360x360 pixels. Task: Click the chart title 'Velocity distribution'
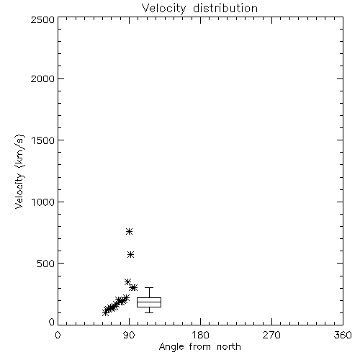(199, 9)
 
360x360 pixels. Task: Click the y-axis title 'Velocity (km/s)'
(19, 171)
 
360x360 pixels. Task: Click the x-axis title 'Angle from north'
(199, 347)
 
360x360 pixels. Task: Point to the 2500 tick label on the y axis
(42, 19)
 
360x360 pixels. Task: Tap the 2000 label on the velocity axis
(42, 78)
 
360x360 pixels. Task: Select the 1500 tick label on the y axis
(43, 140)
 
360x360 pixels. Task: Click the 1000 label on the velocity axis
(43, 202)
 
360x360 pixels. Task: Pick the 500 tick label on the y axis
(46, 264)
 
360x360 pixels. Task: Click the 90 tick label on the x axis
(129, 335)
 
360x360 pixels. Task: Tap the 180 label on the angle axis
(200, 335)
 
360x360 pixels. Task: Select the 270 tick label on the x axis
(271, 335)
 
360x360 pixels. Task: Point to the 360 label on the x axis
(343, 335)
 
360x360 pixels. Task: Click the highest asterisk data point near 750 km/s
(130, 231)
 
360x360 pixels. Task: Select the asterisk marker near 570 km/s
(130, 255)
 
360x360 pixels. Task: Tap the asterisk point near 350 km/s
(127, 282)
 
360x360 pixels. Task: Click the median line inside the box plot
(149, 302)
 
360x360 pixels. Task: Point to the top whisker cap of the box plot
(149, 287)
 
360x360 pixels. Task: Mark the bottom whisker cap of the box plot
(149, 312)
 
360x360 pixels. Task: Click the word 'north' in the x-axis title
(229, 347)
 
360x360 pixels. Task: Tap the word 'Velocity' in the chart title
(164, 9)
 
